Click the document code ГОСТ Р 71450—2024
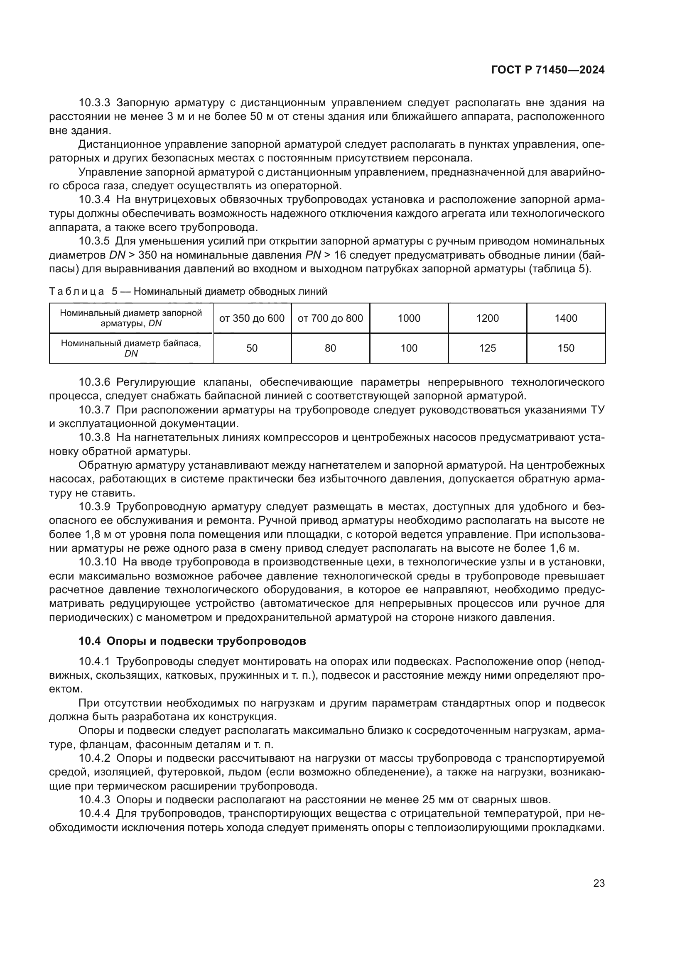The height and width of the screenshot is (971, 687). pyautogui.click(x=548, y=70)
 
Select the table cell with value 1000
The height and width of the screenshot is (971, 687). pyautogui.click(x=409, y=318)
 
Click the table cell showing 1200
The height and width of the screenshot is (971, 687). pyautogui.click(x=487, y=318)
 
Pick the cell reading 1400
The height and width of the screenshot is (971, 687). pyautogui.click(x=566, y=318)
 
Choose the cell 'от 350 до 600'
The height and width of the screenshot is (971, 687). pyautogui.click(x=252, y=318)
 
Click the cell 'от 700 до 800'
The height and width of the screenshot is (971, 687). pyautogui.click(x=330, y=318)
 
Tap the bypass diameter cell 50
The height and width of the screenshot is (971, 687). pyautogui.click(x=252, y=348)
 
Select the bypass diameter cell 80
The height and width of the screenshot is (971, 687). pyautogui.click(x=330, y=348)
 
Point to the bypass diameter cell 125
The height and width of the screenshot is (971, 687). pyautogui.click(x=487, y=348)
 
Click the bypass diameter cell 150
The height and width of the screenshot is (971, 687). pyautogui.click(x=566, y=348)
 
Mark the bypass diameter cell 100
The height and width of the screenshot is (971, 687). pyautogui.click(x=409, y=348)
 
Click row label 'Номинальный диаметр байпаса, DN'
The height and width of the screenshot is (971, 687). pyautogui.click(x=131, y=348)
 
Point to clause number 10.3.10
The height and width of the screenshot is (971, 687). pyautogui.click(x=97, y=562)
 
